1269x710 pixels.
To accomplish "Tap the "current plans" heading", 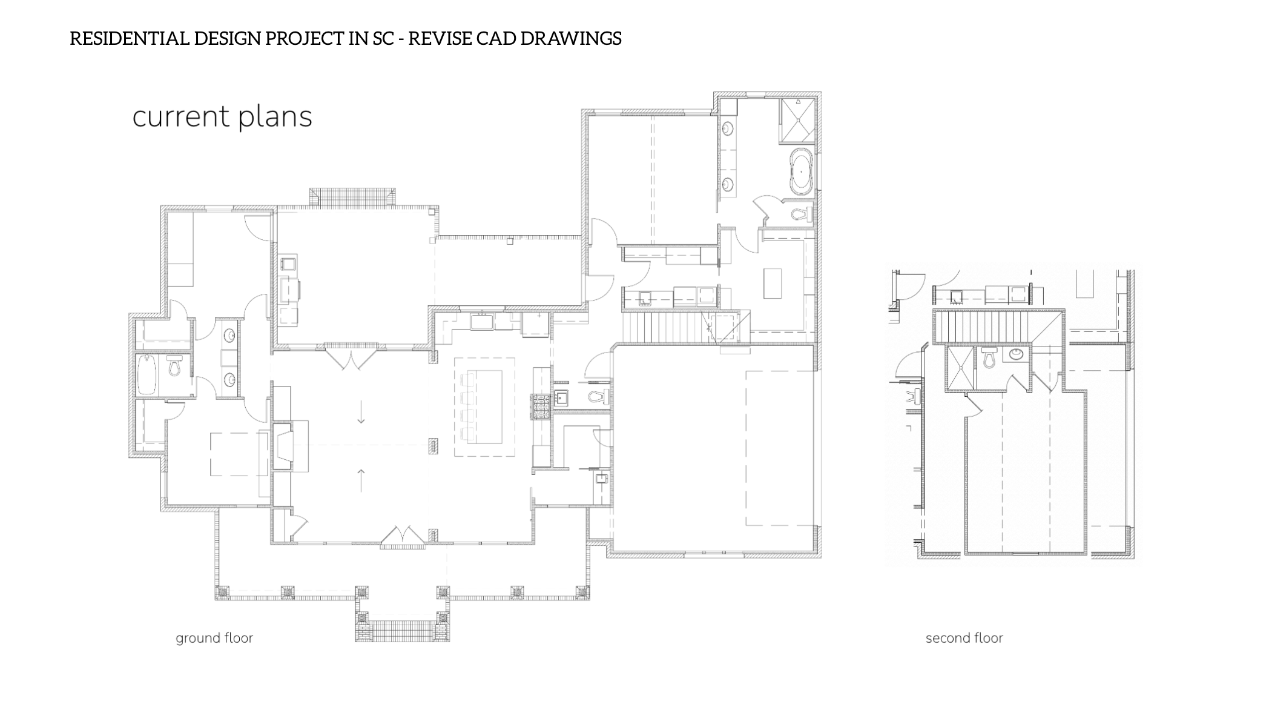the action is click(x=222, y=117).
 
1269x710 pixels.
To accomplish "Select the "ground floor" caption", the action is click(x=214, y=638).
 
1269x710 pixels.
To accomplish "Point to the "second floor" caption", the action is click(x=964, y=638).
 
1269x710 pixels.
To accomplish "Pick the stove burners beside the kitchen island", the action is click(x=541, y=406).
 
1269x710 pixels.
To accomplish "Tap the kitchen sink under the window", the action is click(x=483, y=321).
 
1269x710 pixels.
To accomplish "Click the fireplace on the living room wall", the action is click(x=283, y=446).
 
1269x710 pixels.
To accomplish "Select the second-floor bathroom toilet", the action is click(x=989, y=357).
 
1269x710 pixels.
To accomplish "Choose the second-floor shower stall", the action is click(x=960, y=368).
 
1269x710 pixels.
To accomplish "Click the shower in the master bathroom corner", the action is click(x=797, y=119).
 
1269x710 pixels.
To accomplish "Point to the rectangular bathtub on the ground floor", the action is click(x=147, y=374).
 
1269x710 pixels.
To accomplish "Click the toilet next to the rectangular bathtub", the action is click(x=174, y=366).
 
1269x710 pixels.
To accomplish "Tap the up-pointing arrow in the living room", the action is click(x=361, y=480).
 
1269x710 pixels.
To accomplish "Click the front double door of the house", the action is click(x=403, y=536).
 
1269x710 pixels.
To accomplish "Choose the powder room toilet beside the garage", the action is click(x=598, y=397).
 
